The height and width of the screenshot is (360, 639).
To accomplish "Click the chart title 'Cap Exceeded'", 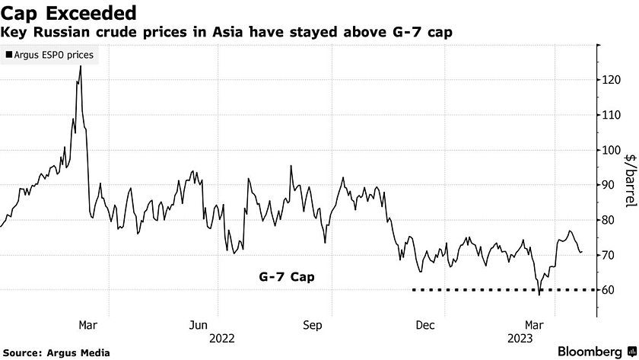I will [69, 13].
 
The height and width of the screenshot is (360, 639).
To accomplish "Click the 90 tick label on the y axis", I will [612, 184].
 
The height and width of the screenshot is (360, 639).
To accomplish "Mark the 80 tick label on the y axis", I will [612, 220].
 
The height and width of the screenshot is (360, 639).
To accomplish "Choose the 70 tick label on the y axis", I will [612, 255].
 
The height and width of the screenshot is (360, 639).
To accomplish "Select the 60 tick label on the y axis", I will [612, 290].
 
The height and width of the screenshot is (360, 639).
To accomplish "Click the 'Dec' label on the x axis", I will [425, 325].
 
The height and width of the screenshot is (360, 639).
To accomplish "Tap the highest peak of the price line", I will [81, 66].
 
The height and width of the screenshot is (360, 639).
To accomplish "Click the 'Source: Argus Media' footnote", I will [62, 352].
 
